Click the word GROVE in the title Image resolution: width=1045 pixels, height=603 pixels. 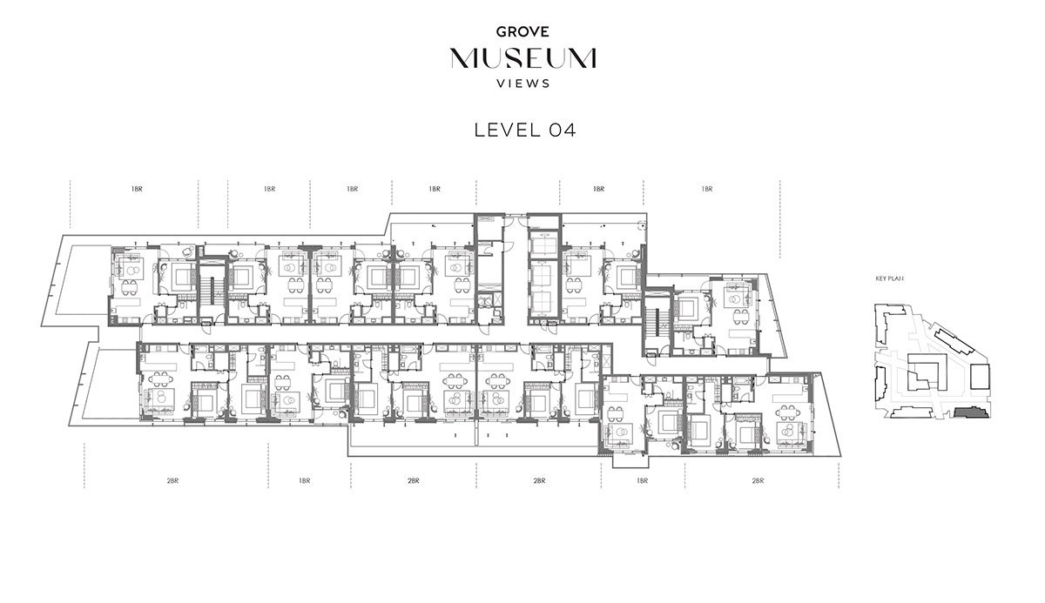pos(522,31)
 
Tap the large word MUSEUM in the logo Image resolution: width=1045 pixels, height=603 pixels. pos(523,58)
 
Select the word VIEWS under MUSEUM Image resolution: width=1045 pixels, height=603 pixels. pos(523,84)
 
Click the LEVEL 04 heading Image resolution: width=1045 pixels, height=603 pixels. pos(525,130)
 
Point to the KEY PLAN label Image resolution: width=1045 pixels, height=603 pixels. pos(890,278)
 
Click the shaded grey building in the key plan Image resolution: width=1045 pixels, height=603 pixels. pos(970,412)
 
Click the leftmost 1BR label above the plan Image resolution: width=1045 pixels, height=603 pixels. pos(137,189)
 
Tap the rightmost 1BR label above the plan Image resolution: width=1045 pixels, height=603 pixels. pos(707,189)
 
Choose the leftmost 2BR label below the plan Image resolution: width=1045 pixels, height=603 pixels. pos(172,481)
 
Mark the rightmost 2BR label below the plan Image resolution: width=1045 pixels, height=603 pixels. pos(758,481)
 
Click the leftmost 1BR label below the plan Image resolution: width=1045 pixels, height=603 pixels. pos(304,481)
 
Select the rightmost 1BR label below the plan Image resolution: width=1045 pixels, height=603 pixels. pos(642,481)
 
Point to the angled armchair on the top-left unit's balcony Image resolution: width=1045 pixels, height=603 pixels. pos(188,251)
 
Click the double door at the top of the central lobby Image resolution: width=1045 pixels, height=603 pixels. pos(516,216)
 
